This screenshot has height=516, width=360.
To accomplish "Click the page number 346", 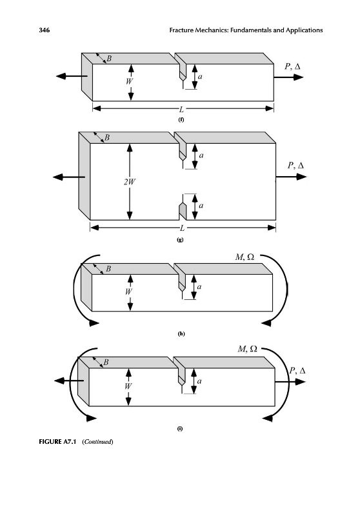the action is [x=44, y=30].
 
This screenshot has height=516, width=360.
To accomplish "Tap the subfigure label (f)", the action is [x=181, y=119].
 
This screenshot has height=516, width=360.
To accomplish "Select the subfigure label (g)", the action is [x=180, y=239].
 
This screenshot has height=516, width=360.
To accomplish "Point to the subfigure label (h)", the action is [x=181, y=333].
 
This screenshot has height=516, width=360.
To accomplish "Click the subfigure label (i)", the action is [x=180, y=428].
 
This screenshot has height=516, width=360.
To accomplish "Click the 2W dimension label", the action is [x=129, y=182].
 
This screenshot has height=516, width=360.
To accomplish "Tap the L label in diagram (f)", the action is [x=181, y=109].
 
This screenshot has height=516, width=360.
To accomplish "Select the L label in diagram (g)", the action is [x=182, y=228].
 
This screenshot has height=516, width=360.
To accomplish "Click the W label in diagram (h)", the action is [x=128, y=292].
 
